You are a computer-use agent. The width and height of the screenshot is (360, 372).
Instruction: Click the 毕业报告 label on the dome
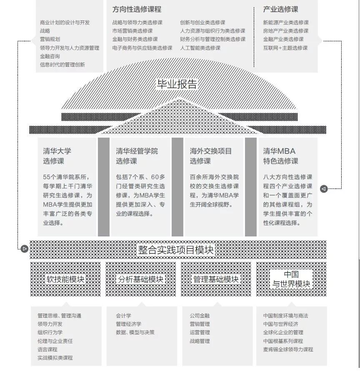tap(177, 84)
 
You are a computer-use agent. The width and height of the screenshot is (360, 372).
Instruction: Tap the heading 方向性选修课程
tap(137, 9)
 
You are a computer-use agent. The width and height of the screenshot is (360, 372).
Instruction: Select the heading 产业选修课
tap(280, 9)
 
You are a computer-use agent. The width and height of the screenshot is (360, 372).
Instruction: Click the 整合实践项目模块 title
tap(176, 250)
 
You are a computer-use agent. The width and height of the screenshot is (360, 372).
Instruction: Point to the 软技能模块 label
tap(65, 279)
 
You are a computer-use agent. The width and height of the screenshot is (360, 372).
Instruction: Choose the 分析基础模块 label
tap(140, 279)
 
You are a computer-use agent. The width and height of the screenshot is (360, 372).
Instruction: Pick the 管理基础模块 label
tap(216, 279)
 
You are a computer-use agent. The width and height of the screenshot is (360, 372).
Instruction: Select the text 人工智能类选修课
tap(200, 48)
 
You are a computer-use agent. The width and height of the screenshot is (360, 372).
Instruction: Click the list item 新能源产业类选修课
tap(286, 23)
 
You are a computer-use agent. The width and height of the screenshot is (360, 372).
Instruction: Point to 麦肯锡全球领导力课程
tap(288, 349)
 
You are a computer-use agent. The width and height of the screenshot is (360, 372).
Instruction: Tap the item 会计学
tap(123, 316)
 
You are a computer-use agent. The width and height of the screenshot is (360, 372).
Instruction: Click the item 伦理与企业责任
tap(55, 341)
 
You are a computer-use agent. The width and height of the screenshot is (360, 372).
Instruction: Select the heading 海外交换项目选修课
tap(211, 156)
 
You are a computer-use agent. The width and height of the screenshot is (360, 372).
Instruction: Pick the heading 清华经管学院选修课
tap(137, 156)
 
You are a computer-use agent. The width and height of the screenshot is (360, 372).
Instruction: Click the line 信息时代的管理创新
tap(62, 65)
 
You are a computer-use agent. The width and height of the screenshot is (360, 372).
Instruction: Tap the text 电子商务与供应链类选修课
tap(142, 48)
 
